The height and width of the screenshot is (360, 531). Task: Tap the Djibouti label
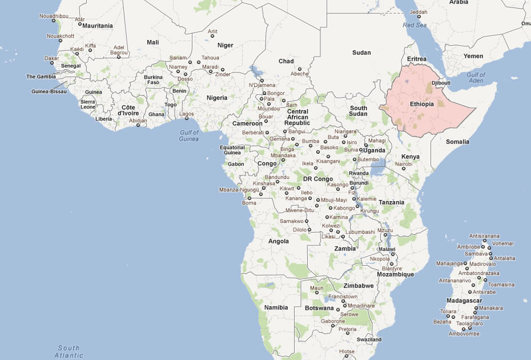pyautogui.click(x=441, y=83)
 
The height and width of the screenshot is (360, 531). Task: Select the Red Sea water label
pyautogui.click(x=415, y=25)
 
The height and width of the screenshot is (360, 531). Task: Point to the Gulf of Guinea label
pyautogui.click(x=189, y=135)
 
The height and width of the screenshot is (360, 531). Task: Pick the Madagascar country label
pyautogui.click(x=465, y=301)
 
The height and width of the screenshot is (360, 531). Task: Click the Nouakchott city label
pyautogui.click(x=60, y=35)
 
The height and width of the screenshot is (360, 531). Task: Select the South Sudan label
pyautogui.click(x=359, y=111)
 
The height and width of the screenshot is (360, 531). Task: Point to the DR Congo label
pyautogui.click(x=318, y=179)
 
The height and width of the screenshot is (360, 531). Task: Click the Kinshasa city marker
pyautogui.click(x=263, y=188)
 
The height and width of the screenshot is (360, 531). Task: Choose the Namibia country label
pyautogui.click(x=276, y=307)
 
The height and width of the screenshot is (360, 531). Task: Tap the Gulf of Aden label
pyautogui.click(x=476, y=78)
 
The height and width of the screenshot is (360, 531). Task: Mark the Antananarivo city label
pyautogui.click(x=455, y=281)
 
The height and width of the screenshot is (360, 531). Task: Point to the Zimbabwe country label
pyautogui.click(x=359, y=285)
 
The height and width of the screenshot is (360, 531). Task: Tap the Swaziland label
pyautogui.click(x=368, y=339)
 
